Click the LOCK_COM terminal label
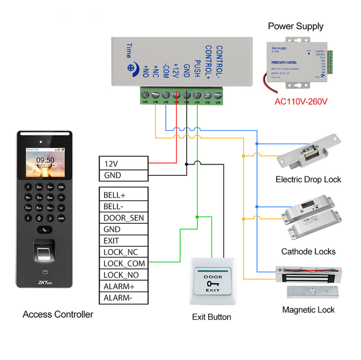tap(123, 263)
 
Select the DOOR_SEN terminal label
tap(123, 218)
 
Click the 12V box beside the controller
tap(123, 164)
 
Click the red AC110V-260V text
tap(300, 101)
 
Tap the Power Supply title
tap(296, 26)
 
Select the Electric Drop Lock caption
tap(308, 179)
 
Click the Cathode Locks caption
tap(308, 251)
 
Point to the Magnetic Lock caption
tap(308, 310)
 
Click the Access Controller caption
tap(58, 314)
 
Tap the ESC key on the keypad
tap(61, 187)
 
